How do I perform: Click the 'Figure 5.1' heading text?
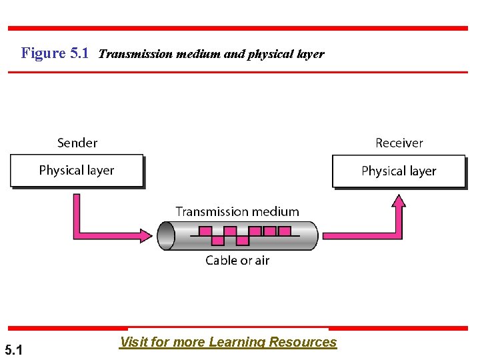click(x=55, y=53)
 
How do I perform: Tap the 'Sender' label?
click(x=77, y=143)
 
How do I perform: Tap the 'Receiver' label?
click(x=399, y=143)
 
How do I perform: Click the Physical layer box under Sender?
click(x=77, y=171)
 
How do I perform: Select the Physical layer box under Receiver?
click(x=399, y=171)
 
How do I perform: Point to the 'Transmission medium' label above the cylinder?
click(x=237, y=211)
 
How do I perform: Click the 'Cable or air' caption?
click(x=237, y=260)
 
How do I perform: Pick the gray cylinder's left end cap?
click(x=166, y=235)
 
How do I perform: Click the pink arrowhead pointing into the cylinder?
click(x=149, y=235)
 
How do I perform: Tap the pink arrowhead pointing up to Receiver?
click(x=399, y=201)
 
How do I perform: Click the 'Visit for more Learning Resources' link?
click(x=228, y=342)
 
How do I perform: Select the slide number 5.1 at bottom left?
click(x=13, y=349)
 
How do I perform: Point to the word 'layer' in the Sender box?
click(x=99, y=171)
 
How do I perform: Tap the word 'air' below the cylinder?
click(x=261, y=260)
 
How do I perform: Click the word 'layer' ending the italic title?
click(x=310, y=54)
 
